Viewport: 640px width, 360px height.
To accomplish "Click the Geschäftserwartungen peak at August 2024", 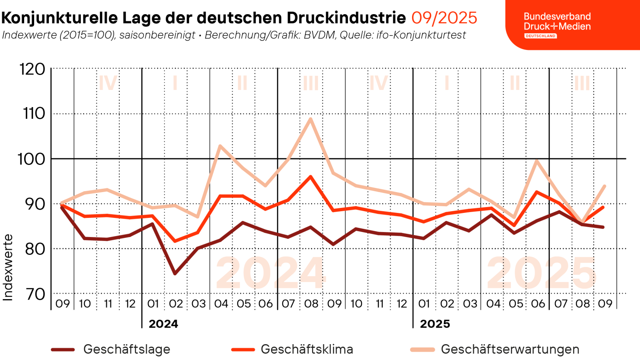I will [x=310, y=119].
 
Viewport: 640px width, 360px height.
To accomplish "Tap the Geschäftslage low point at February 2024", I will [x=175, y=274].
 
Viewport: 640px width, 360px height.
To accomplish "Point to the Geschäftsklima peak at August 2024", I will [x=310, y=177].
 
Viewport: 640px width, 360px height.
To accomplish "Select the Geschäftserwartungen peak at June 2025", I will [x=537, y=160].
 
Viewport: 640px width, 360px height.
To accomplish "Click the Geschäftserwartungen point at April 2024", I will [x=220, y=146].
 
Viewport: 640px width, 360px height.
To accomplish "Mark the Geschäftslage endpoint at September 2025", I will [x=604, y=227].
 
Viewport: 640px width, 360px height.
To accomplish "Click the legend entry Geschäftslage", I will [x=127, y=349].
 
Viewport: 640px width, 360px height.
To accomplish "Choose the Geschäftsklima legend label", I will [x=307, y=349].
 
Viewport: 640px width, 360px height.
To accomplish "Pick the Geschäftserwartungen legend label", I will [x=510, y=349].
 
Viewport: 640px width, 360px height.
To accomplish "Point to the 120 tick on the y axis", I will [x=32, y=69].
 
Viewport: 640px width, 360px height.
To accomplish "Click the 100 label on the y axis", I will [x=31, y=159].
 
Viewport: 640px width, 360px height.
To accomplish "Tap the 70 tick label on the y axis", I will [x=35, y=294].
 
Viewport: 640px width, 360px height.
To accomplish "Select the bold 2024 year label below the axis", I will [x=163, y=324].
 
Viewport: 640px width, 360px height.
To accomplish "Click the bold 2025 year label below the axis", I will [x=435, y=324].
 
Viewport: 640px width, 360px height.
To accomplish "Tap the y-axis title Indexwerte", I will [x=8, y=267].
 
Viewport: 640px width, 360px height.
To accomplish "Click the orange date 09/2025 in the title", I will [x=444, y=18].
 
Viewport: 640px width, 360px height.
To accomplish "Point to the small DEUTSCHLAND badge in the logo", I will [x=540, y=36].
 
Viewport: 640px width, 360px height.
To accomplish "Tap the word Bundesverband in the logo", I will [x=557, y=17].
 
